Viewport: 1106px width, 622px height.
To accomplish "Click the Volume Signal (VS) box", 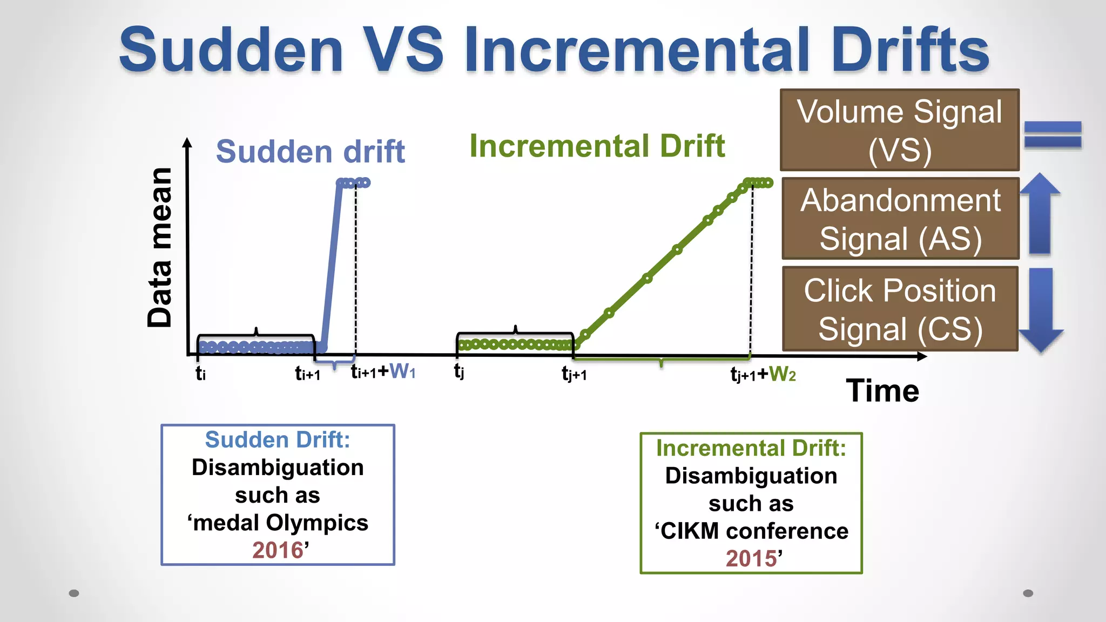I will pos(899,130).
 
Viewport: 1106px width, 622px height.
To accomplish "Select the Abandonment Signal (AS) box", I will pos(900,219).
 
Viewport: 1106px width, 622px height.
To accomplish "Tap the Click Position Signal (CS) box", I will pos(900,309).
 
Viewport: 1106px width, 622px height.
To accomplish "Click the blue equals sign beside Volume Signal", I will pos(1053,134).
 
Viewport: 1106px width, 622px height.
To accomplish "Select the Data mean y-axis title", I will pos(160,247).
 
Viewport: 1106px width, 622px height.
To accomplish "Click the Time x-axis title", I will pos(882,390).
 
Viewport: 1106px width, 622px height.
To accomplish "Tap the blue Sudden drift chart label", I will pos(310,151).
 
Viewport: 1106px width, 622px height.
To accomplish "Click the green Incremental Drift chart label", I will pos(597,146).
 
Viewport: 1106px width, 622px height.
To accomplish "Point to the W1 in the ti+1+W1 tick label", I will pos(402,371).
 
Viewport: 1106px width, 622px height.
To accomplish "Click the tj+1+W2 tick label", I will pos(763,374).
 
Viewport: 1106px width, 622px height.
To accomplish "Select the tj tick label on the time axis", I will pos(459,371).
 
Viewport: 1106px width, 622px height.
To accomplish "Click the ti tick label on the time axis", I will pos(200,373).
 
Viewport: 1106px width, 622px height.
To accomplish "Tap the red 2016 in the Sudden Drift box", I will pos(277,550).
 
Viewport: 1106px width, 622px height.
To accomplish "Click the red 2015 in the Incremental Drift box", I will pos(751,558).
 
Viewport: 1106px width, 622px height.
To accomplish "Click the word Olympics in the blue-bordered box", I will pos(317,523).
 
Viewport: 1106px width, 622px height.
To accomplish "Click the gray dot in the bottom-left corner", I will pos(74,593).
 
